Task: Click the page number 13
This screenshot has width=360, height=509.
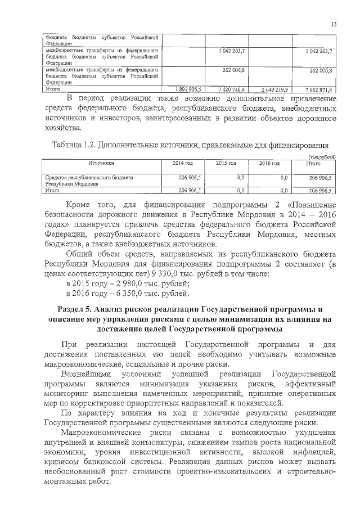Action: point(334,24)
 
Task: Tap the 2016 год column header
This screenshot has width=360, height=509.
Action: point(269,163)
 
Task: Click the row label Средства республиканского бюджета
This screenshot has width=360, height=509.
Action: point(88,177)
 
